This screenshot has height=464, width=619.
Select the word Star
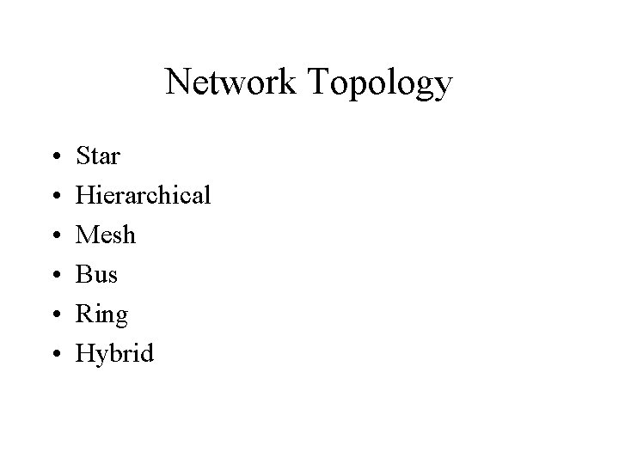[99, 156]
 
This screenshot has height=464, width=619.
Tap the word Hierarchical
[144, 196]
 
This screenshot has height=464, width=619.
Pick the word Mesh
[107, 235]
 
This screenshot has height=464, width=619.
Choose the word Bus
[97, 274]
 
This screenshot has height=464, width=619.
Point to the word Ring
[102, 314]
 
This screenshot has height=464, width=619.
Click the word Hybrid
[115, 353]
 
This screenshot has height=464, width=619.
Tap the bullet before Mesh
[56, 236]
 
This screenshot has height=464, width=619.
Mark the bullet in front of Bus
[56, 276]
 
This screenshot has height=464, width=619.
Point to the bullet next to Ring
[56, 314]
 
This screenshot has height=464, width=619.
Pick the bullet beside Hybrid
[56, 353]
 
